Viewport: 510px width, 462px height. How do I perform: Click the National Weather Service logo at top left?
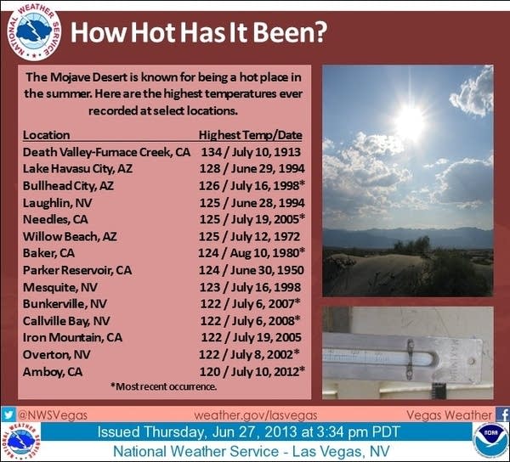click(x=34, y=32)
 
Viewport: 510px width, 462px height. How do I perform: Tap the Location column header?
click(x=46, y=135)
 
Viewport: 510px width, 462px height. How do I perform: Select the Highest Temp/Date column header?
click(x=251, y=135)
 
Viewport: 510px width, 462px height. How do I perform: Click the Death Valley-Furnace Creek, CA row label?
click(x=106, y=152)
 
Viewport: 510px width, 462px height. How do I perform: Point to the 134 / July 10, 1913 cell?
click(x=251, y=152)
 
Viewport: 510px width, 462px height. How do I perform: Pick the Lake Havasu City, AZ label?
click(x=77, y=169)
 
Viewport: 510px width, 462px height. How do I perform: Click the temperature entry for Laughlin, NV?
click(x=252, y=203)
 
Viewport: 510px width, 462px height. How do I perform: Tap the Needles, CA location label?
click(x=55, y=219)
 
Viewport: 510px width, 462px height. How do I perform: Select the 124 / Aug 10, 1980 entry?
click(x=252, y=253)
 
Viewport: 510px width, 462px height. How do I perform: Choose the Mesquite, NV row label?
click(x=59, y=287)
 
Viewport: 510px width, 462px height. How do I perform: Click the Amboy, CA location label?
click(x=53, y=372)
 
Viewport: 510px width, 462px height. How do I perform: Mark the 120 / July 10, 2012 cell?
click(x=252, y=371)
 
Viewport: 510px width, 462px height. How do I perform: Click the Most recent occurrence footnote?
click(x=163, y=386)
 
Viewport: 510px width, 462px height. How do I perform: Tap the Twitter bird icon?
click(x=8, y=414)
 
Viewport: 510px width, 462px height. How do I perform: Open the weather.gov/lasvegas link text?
click(x=256, y=415)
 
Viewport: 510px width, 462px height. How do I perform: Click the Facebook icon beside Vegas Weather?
click(x=502, y=415)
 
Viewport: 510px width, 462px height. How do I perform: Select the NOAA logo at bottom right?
click(x=490, y=440)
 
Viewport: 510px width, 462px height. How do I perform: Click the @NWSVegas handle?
click(x=53, y=415)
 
